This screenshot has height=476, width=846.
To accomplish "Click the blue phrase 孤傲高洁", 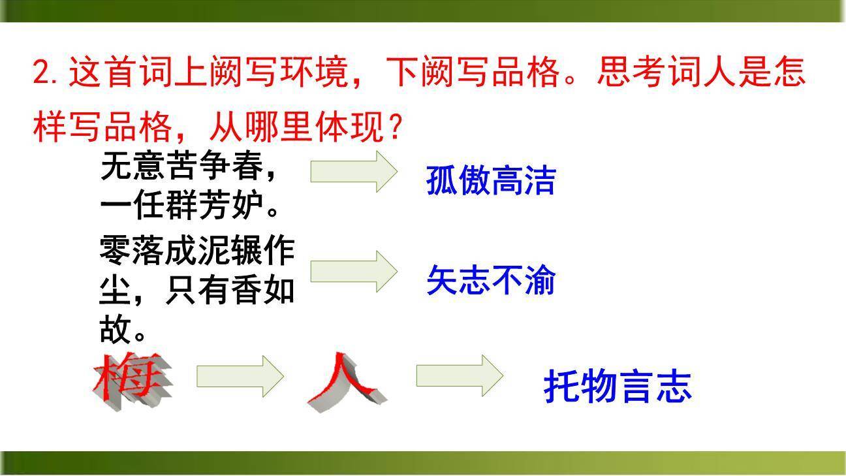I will coord(490,180).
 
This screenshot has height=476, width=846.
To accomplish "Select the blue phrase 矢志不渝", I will coord(490,280).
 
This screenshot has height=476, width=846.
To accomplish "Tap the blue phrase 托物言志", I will coord(617,386).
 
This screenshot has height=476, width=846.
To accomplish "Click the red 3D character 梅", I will coord(131,381).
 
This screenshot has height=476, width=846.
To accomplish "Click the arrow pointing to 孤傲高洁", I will coord(353,171).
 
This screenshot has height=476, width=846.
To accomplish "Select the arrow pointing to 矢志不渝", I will coord(353,270).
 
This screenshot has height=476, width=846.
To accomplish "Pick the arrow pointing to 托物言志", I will coord(460,375).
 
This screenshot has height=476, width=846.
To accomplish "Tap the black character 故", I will coord(115,328).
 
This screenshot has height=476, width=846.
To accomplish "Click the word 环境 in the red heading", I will coord(315,72).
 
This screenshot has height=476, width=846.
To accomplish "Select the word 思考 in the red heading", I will coord(630,72).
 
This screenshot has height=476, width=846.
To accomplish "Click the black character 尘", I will coord(115,291).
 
